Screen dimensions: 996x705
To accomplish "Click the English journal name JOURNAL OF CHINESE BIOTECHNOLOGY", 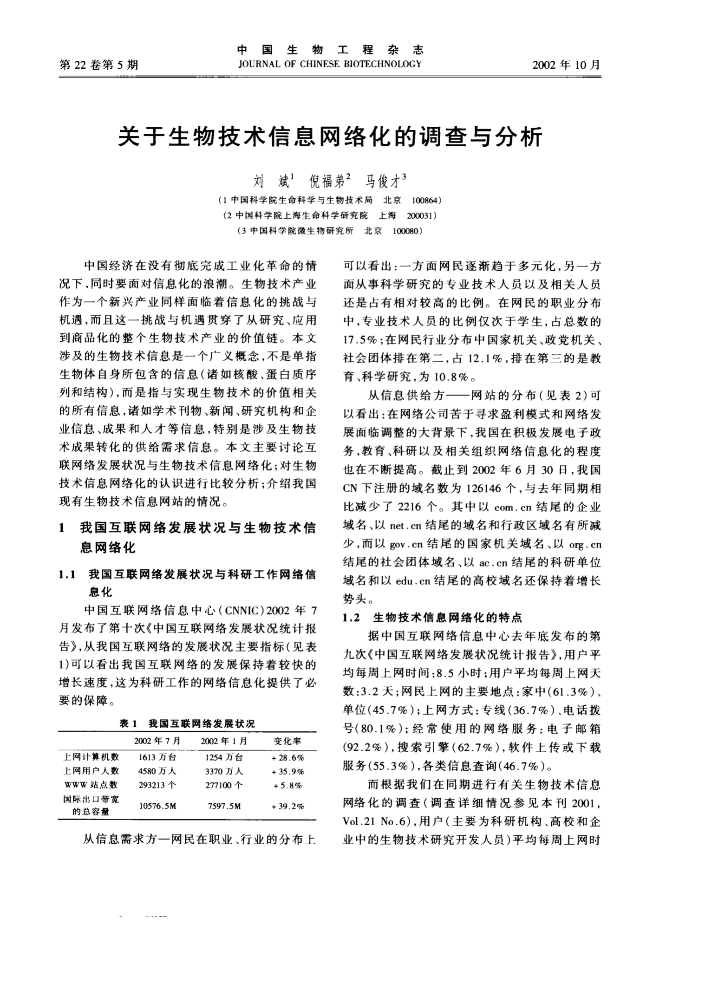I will click(329, 64).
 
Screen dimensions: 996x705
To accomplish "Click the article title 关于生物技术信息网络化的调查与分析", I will click(330, 137).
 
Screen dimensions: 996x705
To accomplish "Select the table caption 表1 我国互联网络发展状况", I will click(187, 724).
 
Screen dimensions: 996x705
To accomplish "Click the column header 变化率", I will click(288, 741).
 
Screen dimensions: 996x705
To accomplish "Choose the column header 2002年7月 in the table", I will click(157, 741).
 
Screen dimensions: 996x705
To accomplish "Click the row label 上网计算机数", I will click(91, 757).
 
